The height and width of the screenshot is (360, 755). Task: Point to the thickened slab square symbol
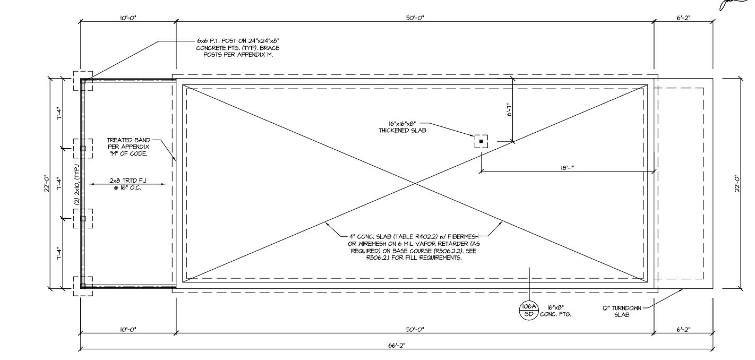pyautogui.click(x=481, y=141)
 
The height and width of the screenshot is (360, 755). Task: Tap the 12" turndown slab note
pyautogui.click(x=622, y=311)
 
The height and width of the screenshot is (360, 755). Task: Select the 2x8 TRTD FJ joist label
pyautogui.click(x=127, y=184)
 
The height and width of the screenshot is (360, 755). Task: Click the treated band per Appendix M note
pyautogui.click(x=127, y=147)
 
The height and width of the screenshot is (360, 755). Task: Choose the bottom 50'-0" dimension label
pyautogui.click(x=415, y=330)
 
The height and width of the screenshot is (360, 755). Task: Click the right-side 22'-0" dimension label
pyautogui.click(x=737, y=184)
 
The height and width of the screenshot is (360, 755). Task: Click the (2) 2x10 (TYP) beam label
pyautogui.click(x=77, y=184)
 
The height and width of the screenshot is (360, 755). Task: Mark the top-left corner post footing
pyautogui.click(x=82, y=81)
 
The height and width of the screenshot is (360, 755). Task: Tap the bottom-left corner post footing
pyautogui.click(x=82, y=286)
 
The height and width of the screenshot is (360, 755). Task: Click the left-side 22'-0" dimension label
pyautogui.click(x=47, y=184)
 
